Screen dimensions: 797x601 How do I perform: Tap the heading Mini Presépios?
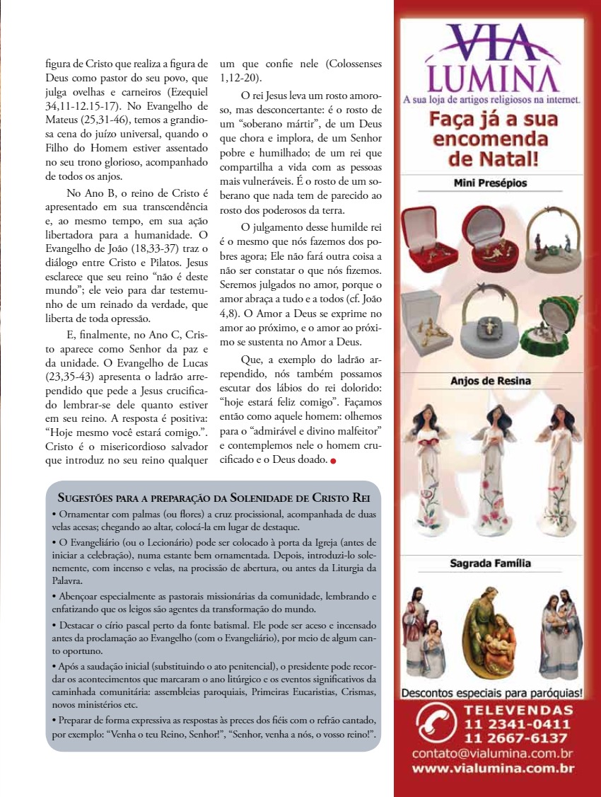coord(491,183)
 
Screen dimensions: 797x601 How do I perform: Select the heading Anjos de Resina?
coord(491,381)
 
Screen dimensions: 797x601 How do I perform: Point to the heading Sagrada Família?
coord(491,564)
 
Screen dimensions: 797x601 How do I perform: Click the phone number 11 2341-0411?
coord(518,724)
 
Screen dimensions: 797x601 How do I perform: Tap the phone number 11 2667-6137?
coord(518,738)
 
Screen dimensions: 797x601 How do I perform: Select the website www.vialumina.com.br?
coord(492,769)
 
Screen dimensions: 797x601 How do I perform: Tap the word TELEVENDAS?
coord(518,710)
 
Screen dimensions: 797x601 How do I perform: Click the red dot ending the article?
coord(333,462)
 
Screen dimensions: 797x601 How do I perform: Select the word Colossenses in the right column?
coord(349,64)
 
